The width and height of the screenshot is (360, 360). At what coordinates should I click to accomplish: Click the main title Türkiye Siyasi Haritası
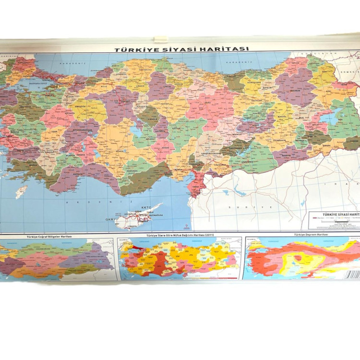pyautogui.click(x=181, y=49)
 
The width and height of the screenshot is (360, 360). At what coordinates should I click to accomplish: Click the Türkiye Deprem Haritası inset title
pyautogui.click(x=300, y=235)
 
